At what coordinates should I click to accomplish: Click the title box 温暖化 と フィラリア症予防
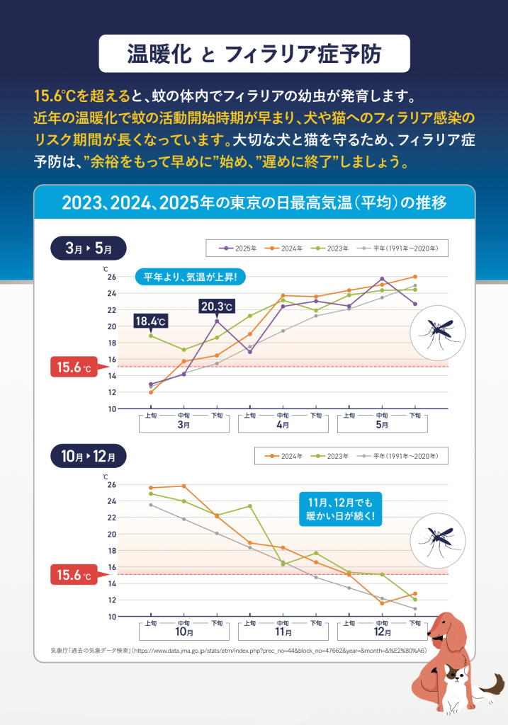tap(254, 53)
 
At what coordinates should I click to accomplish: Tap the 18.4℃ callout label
tap(150, 321)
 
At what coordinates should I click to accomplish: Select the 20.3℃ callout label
tap(217, 307)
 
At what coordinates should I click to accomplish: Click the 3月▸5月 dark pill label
tap(88, 249)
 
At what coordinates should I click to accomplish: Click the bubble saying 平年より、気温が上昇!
tap(190, 276)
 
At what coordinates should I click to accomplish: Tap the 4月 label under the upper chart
tap(282, 426)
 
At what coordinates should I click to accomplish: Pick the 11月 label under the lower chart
tap(282, 632)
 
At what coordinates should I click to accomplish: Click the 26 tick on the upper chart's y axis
tap(112, 277)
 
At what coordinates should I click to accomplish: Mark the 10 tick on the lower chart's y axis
tap(112, 617)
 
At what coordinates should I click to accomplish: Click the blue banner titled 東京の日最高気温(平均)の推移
tap(254, 203)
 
